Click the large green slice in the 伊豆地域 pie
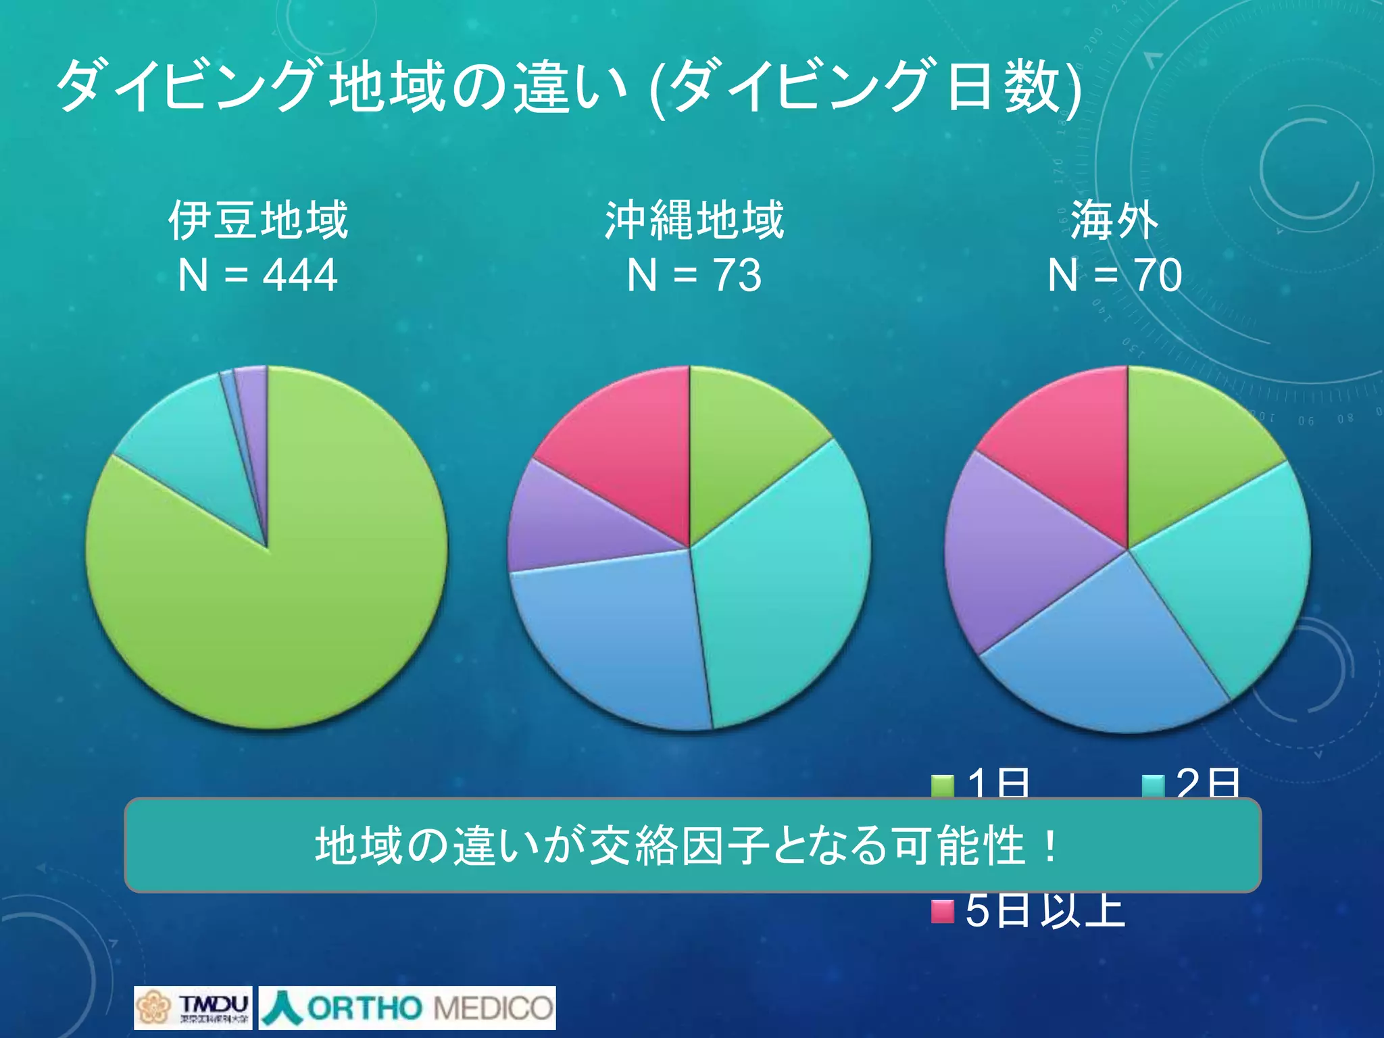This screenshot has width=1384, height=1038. coord(284,608)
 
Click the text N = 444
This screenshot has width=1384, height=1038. coord(257,275)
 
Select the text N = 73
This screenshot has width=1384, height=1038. coord(694,275)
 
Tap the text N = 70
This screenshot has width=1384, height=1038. coord(1114,275)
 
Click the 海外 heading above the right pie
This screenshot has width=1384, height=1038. coord(1114,220)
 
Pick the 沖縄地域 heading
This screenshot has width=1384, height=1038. coord(694,220)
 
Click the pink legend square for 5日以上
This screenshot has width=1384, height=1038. coord(942,911)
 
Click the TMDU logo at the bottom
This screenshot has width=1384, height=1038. coord(193,1008)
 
